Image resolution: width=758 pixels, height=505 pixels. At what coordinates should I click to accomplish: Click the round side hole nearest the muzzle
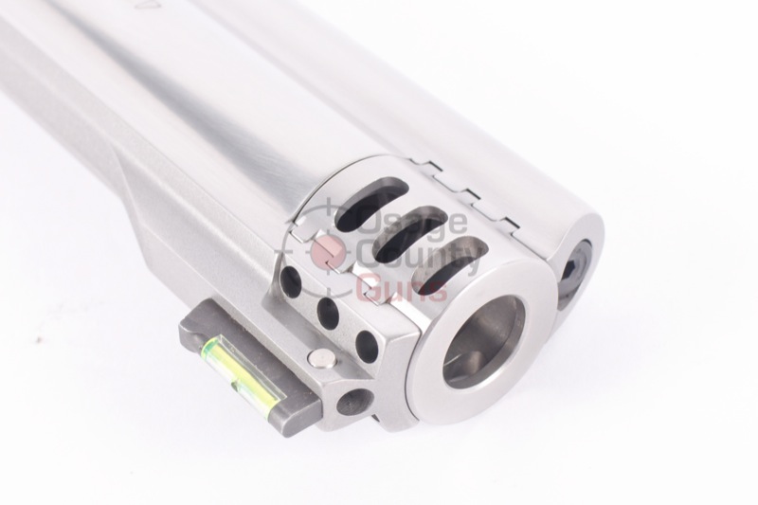coord(366,343)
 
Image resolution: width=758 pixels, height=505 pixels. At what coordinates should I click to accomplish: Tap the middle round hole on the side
coord(328,311)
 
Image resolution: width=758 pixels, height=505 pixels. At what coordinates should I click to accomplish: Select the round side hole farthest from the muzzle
coord(291,281)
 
